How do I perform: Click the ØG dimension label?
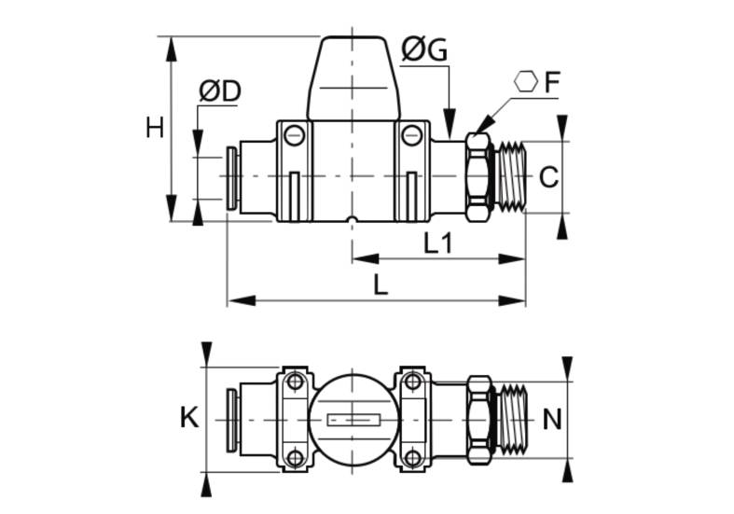point(424,49)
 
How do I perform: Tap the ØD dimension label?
point(219,90)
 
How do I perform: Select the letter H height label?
point(155,128)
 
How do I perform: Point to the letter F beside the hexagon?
point(552,82)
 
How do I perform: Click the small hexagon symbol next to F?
point(526,81)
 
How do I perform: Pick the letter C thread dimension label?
point(548,177)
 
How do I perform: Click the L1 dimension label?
point(437,243)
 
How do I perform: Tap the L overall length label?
point(381,285)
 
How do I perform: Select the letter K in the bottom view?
point(189,418)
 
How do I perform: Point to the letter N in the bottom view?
point(552,420)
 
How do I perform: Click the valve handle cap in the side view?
point(353,78)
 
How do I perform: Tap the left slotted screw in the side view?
point(295,135)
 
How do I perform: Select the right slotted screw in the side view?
point(412,135)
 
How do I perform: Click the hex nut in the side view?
point(479,176)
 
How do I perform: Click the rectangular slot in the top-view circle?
point(353,421)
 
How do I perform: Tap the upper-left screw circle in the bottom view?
point(295,382)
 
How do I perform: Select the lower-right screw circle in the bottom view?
point(412,457)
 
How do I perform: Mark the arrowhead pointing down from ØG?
point(450,122)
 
